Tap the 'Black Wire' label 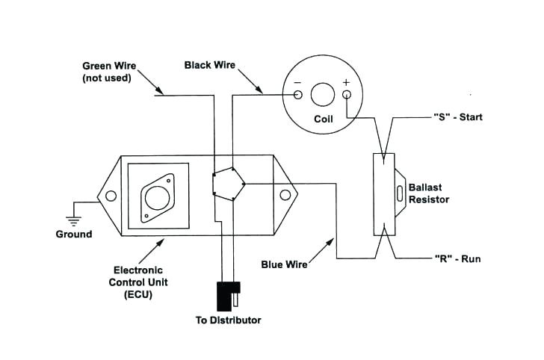tap(210, 66)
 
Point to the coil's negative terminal tap(297, 95)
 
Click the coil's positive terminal tap(347, 95)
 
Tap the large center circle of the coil tap(322, 94)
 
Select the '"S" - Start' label tap(458, 117)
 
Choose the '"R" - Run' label tap(457, 259)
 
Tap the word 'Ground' tap(74, 235)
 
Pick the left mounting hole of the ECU tap(111, 196)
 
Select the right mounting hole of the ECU tap(285, 196)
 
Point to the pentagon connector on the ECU tap(229, 182)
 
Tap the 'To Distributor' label tap(228, 320)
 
